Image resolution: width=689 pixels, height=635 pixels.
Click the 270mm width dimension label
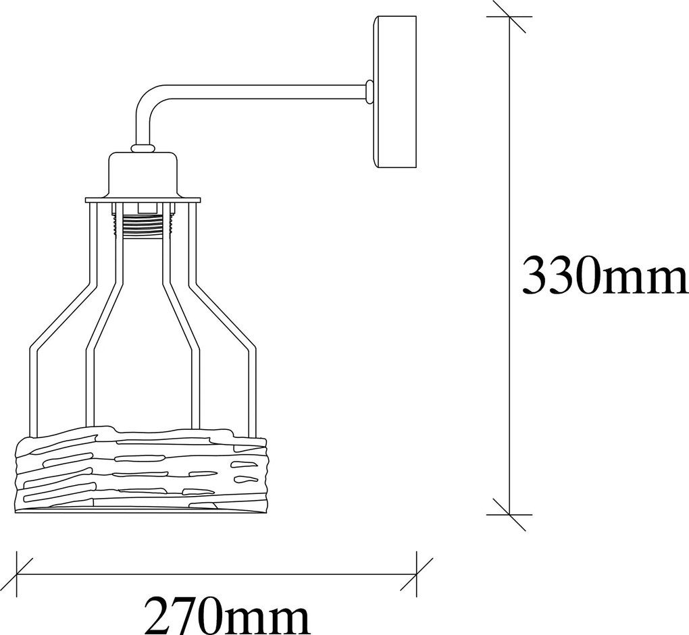point(227,614)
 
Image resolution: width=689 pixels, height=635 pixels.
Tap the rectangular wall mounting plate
point(395,92)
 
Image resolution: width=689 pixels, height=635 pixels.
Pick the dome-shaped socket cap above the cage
point(144,174)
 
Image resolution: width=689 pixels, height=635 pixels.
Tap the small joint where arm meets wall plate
point(369,92)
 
